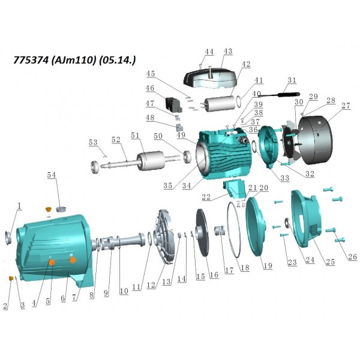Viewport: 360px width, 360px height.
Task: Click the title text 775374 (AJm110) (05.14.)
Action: click(x=74, y=60)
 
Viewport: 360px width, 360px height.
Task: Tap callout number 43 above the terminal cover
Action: click(x=228, y=52)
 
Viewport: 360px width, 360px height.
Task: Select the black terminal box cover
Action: click(x=210, y=77)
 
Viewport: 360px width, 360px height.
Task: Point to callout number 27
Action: click(x=346, y=106)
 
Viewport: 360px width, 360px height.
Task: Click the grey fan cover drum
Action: click(x=315, y=140)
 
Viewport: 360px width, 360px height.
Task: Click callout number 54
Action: click(x=52, y=175)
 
